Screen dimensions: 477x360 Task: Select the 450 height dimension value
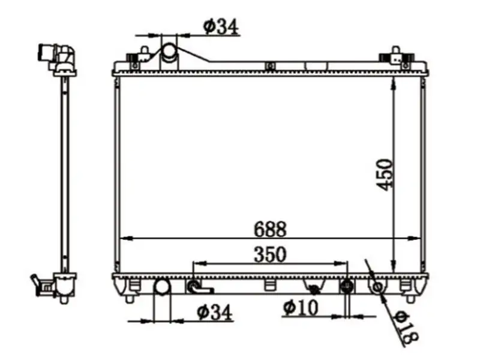(x=386, y=175)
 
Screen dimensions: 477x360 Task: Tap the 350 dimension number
(x=270, y=254)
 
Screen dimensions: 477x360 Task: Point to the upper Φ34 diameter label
(x=221, y=26)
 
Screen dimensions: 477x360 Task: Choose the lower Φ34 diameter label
(x=214, y=312)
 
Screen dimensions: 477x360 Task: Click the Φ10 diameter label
(x=301, y=308)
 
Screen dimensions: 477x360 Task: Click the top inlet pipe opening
(x=169, y=50)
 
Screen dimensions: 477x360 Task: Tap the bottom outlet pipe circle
(x=162, y=287)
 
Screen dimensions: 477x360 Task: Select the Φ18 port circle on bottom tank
(x=377, y=286)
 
